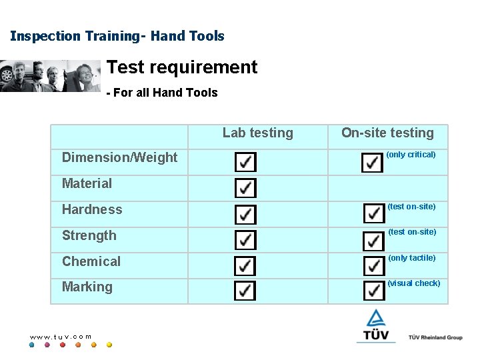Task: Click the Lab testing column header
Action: pyautogui.click(x=257, y=133)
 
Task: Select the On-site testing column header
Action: pyautogui.click(x=387, y=133)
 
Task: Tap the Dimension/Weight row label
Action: pyautogui.click(x=119, y=157)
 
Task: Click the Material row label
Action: pyautogui.click(x=87, y=183)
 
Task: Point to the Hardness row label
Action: pyautogui.click(x=92, y=209)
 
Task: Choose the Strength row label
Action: pyautogui.click(x=89, y=235)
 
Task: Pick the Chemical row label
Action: pyautogui.click(x=91, y=261)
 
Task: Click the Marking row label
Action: pyautogui.click(x=87, y=287)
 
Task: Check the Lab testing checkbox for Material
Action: pyautogui.click(x=245, y=187)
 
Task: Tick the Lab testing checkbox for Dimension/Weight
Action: pyautogui.click(x=245, y=162)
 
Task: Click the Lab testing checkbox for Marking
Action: pyautogui.click(x=245, y=291)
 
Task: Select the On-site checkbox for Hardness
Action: pyautogui.click(x=373, y=213)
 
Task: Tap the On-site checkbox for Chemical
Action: pyautogui.click(x=373, y=265)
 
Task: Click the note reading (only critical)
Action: pyautogui.click(x=411, y=155)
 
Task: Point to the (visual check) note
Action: pyautogui.click(x=414, y=283)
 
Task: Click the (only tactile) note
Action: pyautogui.click(x=412, y=258)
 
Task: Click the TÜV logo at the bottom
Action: pyautogui.click(x=376, y=326)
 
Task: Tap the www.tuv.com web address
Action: pyautogui.click(x=61, y=337)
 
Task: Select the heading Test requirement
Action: pyautogui.click(x=181, y=67)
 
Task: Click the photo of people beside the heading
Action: pyautogui.click(x=50, y=75)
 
